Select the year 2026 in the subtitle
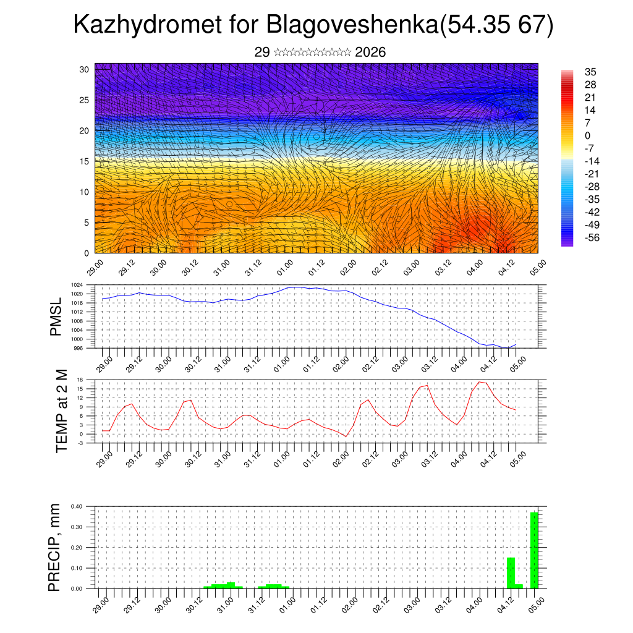[x=371, y=53]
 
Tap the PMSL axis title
[x=56, y=317]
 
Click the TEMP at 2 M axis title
[x=62, y=411]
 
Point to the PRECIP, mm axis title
[x=56, y=548]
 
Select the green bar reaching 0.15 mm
[x=511, y=573]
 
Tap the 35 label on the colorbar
[x=590, y=72]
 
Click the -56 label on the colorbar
[x=592, y=237]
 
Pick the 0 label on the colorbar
[x=587, y=136]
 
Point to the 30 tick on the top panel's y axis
[x=85, y=69]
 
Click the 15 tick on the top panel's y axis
[x=85, y=161]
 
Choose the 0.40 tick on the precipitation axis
[x=76, y=506]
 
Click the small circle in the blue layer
[x=316, y=137]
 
